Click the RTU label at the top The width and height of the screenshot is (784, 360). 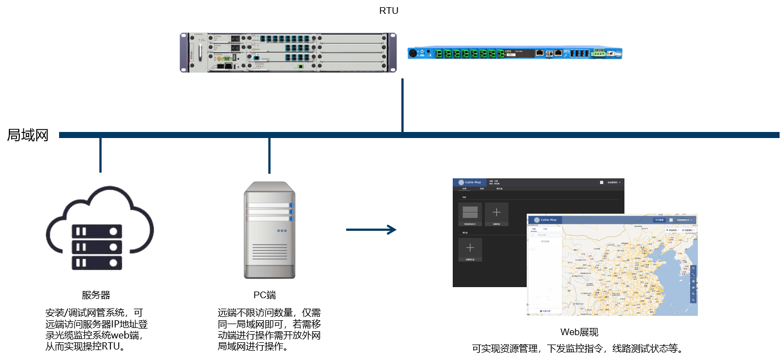pos(389,10)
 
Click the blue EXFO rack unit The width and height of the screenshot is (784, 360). pos(515,53)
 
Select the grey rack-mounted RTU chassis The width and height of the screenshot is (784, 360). pos(288,52)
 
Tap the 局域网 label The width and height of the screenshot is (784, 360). pos(28,135)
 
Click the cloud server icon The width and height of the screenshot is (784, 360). pos(99,229)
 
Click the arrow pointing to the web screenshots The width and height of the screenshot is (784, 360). pos(371,229)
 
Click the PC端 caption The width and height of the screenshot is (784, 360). pos(264,295)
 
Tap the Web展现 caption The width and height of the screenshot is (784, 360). pos(579,332)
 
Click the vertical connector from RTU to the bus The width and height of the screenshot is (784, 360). pos(402,105)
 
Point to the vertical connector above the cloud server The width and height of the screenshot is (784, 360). pos(100,155)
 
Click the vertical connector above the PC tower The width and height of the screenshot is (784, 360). pos(269,155)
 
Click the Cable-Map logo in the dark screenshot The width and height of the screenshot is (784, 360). pos(469,182)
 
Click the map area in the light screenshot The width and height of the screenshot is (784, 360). pos(624,271)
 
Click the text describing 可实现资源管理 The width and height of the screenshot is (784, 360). pos(578,348)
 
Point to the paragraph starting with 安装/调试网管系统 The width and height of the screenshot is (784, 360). pos(96,329)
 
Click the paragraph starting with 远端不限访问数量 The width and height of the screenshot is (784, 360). pos(269,329)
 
